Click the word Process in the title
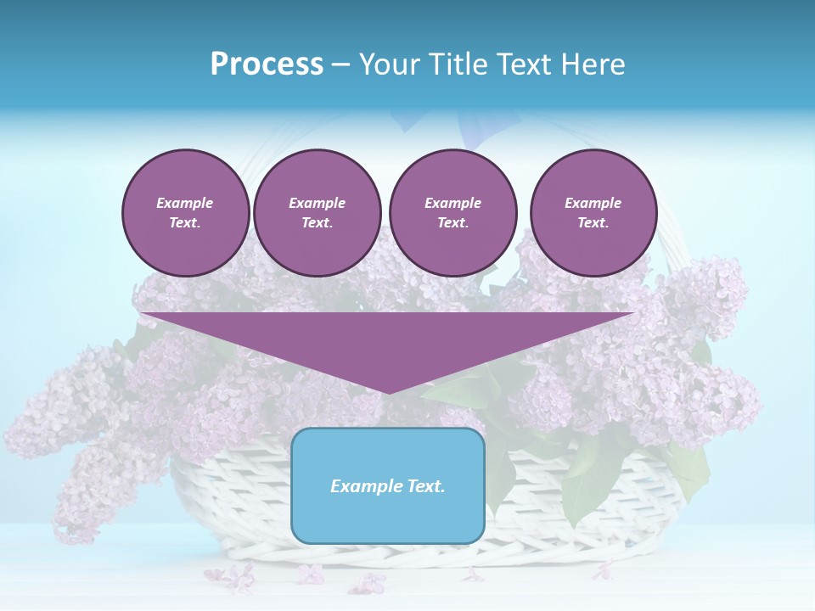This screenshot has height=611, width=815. pyautogui.click(x=267, y=64)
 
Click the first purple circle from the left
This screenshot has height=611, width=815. pyautogui.click(x=186, y=213)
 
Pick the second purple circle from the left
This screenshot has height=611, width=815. pyautogui.click(x=318, y=213)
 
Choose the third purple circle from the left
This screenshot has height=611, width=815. pyautogui.click(x=452, y=213)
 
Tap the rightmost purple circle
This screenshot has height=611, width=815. pyautogui.click(x=593, y=213)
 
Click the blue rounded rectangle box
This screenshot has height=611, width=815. pyautogui.click(x=388, y=485)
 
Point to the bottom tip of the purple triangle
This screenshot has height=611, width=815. pyautogui.click(x=389, y=392)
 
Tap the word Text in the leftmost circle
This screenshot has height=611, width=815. pyautogui.click(x=185, y=223)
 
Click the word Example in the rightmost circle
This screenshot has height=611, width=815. pyautogui.click(x=593, y=203)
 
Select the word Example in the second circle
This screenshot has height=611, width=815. pyautogui.click(x=318, y=203)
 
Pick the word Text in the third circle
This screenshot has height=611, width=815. pyautogui.click(x=452, y=223)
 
